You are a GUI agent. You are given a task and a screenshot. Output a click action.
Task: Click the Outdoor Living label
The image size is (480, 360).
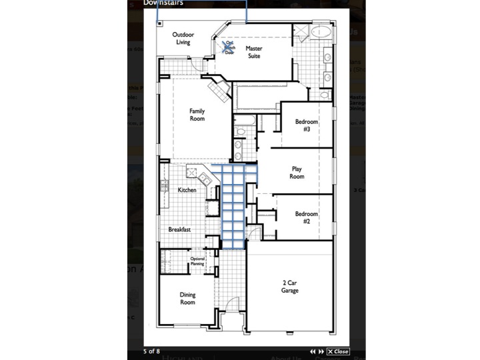(x=183, y=38)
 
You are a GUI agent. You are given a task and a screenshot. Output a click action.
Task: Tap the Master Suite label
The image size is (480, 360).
(x=253, y=52)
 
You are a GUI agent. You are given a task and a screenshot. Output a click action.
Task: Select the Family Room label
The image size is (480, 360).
(x=197, y=115)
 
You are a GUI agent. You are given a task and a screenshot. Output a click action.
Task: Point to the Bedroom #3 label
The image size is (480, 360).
(x=307, y=125)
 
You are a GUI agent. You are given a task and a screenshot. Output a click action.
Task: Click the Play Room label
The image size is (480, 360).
(x=297, y=173)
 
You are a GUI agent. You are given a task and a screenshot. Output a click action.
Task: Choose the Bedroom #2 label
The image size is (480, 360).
(x=307, y=217)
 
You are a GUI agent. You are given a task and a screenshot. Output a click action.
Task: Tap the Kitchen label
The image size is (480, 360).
(x=187, y=191)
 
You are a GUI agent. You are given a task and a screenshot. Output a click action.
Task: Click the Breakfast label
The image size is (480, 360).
(x=179, y=229)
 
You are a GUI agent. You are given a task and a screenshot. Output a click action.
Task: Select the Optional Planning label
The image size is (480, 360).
(x=197, y=261)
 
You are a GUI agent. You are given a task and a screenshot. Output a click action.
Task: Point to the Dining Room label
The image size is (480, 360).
(x=187, y=298)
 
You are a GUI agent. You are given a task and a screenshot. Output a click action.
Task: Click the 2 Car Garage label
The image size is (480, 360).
(x=289, y=287)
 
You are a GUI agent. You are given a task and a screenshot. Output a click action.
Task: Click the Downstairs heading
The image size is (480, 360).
(x=164, y=3)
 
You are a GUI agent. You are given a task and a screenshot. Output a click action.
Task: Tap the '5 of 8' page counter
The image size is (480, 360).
(x=151, y=351)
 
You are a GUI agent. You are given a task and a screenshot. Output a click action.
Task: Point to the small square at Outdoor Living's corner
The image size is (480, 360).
(x=160, y=23)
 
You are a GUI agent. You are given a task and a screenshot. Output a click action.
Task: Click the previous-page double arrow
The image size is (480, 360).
(x=313, y=351)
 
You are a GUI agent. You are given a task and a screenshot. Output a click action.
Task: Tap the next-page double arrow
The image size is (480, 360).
(x=321, y=351)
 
